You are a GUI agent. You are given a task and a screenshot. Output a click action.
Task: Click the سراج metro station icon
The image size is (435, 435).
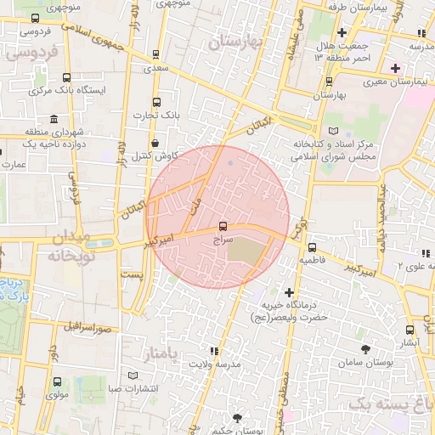click(x=223, y=226)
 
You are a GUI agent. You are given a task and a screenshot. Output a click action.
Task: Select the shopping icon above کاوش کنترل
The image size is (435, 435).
click(x=154, y=143)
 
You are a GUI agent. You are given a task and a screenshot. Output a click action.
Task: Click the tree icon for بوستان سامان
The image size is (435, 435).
click(x=365, y=349)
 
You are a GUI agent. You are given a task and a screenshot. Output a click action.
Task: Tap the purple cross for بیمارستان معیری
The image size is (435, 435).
click(x=393, y=67)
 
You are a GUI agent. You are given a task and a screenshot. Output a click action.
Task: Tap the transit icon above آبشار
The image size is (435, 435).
click(x=410, y=329)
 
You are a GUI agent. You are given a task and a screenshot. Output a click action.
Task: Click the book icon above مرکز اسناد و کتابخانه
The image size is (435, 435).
click(x=332, y=130)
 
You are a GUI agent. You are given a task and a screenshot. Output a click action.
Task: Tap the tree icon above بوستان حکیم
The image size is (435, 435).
click(x=235, y=416)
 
